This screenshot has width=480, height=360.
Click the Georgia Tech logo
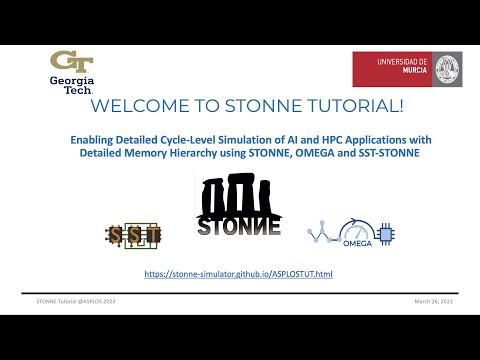pyautogui.click(x=72, y=72)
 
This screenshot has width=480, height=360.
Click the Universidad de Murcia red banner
pyautogui.click(x=405, y=69)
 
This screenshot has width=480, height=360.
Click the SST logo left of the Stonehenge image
pyautogui.click(x=134, y=234)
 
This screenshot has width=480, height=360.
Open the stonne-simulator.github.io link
pyautogui.click(x=237, y=273)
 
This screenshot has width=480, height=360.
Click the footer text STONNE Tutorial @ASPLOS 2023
pyautogui.click(x=75, y=300)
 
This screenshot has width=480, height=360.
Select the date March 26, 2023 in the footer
pyautogui.click(x=435, y=300)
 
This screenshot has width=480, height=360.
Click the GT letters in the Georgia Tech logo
pyautogui.click(x=72, y=63)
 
